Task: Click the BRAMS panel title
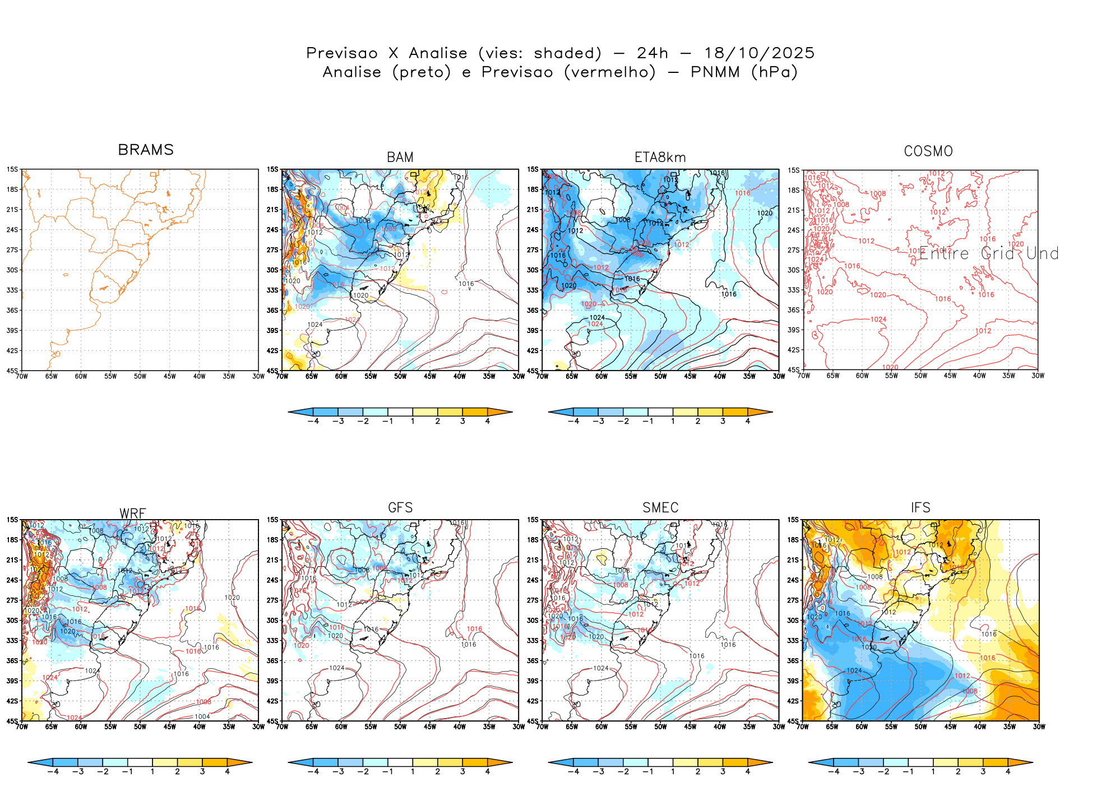146,150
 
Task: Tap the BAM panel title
400,158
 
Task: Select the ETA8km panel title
660,158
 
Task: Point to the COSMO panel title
928,151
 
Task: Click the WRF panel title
133,513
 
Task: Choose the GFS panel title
400,508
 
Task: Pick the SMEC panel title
660,508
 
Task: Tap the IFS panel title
920,508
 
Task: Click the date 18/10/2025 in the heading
759,53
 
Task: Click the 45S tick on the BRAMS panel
12,371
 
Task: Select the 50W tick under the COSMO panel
920,376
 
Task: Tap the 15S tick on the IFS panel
793,520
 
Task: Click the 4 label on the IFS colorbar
1007,772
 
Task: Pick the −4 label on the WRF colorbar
53,772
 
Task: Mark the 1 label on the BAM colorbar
413,422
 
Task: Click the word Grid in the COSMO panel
997,254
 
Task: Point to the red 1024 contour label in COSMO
878,320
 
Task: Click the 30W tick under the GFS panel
519,727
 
